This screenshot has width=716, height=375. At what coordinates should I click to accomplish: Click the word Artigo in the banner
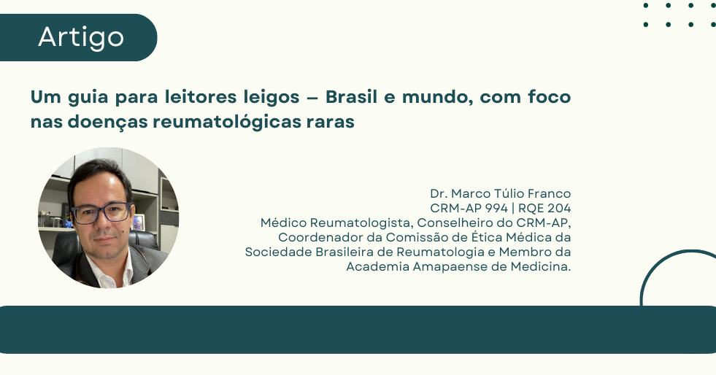click(x=81, y=37)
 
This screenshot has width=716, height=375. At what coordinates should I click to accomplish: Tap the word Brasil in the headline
click(x=351, y=97)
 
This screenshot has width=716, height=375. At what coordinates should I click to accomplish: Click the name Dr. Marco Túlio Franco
click(x=501, y=193)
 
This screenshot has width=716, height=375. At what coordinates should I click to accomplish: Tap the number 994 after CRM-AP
click(x=496, y=208)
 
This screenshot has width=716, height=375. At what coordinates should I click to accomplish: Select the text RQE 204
click(x=544, y=208)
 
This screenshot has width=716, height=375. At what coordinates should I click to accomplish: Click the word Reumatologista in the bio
click(x=361, y=223)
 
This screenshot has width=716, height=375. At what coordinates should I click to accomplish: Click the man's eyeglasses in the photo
click(x=102, y=212)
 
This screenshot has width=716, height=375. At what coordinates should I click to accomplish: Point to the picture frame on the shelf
click(x=138, y=222)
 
